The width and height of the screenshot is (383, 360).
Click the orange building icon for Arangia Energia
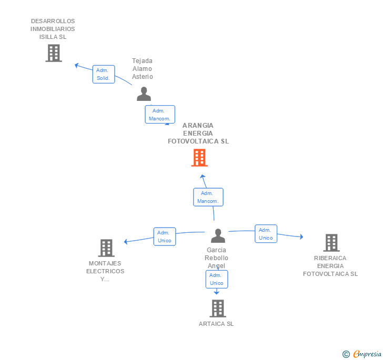point(199,158)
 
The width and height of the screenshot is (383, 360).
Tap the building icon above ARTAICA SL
point(218,308)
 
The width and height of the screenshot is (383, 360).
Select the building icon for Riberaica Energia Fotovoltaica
point(331,243)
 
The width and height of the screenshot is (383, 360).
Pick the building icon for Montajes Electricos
point(106,248)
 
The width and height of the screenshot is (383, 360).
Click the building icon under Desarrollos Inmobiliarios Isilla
point(54,53)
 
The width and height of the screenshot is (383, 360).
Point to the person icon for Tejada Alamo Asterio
point(144,94)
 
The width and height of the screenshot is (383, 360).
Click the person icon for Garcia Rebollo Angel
point(218,235)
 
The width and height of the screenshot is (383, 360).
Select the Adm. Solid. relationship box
point(104,74)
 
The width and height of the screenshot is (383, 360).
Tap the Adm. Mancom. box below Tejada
point(160,114)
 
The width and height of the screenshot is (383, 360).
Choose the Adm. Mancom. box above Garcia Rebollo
point(208,197)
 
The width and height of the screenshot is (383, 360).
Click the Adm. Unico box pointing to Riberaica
point(266,233)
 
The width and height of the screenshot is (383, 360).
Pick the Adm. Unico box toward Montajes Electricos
point(165,236)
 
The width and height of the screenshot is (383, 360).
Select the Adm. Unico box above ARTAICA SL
point(217,279)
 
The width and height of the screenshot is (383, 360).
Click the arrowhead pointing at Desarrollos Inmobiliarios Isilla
point(76,65)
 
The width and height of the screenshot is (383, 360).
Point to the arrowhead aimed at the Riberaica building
point(301,236)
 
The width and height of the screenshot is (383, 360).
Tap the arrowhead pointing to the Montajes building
point(126,242)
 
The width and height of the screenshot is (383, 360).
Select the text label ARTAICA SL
point(216,324)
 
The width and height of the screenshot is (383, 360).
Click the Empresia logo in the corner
point(362,354)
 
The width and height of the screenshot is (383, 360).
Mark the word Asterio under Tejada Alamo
point(143,77)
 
